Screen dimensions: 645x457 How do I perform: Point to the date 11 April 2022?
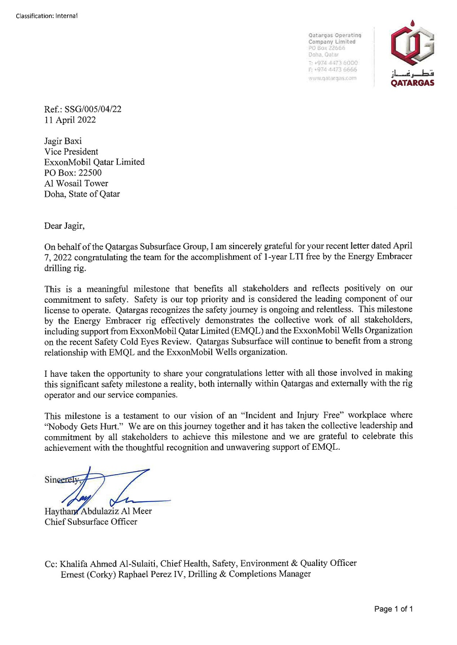pyautogui.click(x=70, y=120)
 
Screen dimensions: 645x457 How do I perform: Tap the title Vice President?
pyautogui.click(x=71, y=152)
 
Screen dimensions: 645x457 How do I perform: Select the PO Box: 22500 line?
pyautogui.click(x=73, y=173)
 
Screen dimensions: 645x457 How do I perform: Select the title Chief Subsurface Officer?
pyautogui.click(x=91, y=522)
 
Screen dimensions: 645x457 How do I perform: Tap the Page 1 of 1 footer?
pyautogui.click(x=393, y=609)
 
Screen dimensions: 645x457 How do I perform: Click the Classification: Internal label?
pyautogui.click(x=46, y=16)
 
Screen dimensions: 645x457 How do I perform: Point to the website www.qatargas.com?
pyautogui.click(x=333, y=79)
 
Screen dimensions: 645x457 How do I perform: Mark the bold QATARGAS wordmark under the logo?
pyautogui.click(x=412, y=84)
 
